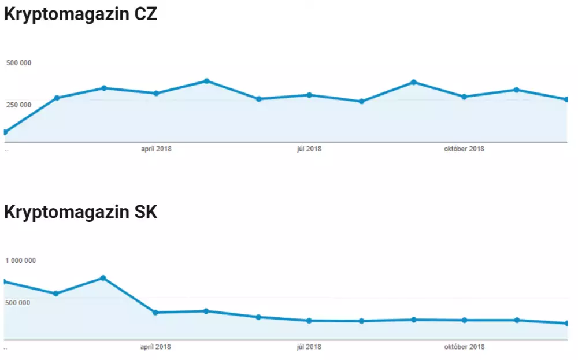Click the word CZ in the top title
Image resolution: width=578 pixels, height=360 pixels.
point(142,14)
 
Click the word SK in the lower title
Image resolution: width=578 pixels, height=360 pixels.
point(142,211)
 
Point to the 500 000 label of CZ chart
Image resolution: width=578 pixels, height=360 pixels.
point(18,63)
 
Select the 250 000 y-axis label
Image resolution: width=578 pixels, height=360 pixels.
point(18,105)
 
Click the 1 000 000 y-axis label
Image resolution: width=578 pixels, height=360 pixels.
point(21,261)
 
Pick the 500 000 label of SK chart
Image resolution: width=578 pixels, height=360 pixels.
point(18,302)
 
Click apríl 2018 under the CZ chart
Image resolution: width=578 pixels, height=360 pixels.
point(156,149)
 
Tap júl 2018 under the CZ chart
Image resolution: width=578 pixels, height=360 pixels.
point(309,149)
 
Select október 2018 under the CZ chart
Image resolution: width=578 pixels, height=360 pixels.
point(464,149)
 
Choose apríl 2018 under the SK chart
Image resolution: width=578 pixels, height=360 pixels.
point(156,347)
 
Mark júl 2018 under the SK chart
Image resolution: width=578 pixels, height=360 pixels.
point(309,347)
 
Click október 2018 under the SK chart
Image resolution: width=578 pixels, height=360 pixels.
point(464,347)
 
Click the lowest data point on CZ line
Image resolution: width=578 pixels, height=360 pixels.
point(5,132)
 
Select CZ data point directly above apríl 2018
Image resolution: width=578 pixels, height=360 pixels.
point(156,93)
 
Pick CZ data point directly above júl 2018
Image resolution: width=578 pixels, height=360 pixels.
point(309,95)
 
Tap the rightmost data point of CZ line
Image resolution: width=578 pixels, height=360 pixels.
point(567,99)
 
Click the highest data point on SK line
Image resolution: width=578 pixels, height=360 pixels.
point(103,278)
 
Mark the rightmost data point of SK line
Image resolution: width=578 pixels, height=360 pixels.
point(567,324)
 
